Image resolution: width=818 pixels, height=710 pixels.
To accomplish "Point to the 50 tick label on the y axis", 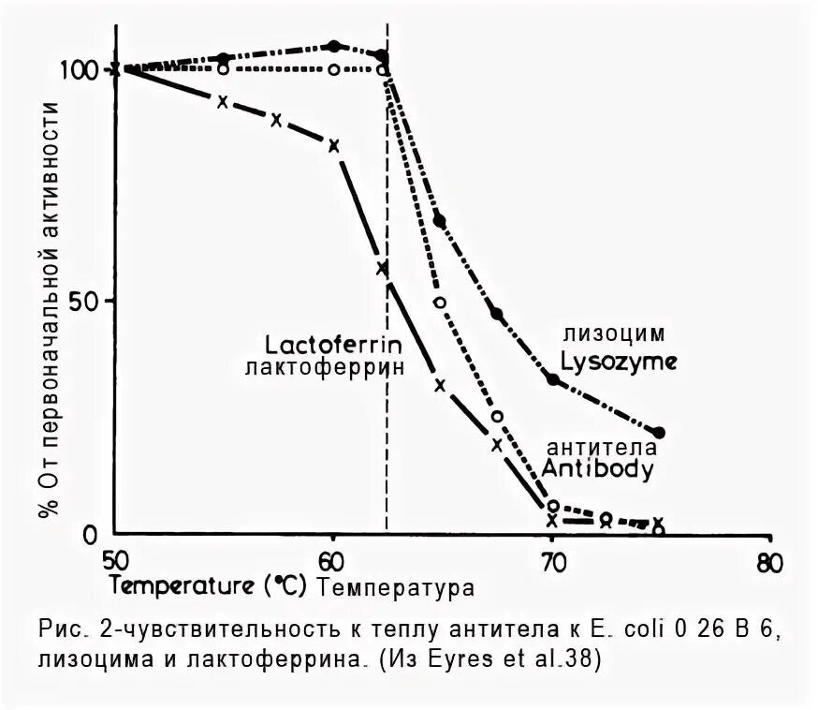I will pos(87,301).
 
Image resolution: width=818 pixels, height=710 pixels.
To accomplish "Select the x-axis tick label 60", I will pos(333,562).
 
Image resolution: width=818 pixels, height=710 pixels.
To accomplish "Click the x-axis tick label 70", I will pos(552,562).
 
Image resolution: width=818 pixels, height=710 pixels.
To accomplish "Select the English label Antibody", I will pos(597,468).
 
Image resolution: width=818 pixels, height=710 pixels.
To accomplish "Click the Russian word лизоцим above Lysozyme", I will pos(614,333).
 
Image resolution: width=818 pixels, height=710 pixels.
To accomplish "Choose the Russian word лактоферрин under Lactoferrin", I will pos(325,366).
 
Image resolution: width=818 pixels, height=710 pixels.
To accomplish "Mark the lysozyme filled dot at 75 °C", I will pos(660,433).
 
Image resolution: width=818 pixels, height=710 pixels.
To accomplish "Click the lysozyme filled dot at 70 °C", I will pos(553,379).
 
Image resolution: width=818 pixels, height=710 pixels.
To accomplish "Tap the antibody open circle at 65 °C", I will pos(440,303).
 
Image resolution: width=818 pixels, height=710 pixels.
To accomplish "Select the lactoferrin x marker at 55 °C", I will pos(222,101).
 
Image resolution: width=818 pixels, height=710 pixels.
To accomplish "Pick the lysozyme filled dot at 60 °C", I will pos(334,46).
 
